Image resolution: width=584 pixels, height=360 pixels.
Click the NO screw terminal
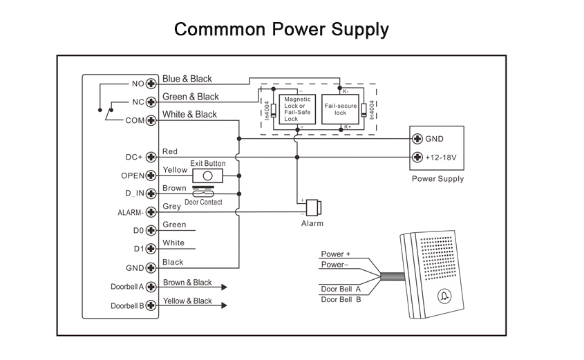tap(150, 84)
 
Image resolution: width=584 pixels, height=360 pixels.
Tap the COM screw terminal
tap(150, 120)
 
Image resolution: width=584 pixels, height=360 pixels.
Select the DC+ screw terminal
tap(150, 157)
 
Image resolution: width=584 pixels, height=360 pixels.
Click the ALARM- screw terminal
tap(150, 212)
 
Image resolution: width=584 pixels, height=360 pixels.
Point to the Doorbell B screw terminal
tap(150, 305)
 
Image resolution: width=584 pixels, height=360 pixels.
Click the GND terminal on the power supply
tap(417, 138)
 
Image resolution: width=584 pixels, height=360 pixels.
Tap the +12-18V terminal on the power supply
tap(417, 157)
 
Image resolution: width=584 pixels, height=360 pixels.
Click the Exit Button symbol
tap(207, 175)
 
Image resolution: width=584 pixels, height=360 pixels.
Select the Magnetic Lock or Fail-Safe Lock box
tap(298, 109)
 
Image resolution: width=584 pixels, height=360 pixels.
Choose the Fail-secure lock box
tap(340, 109)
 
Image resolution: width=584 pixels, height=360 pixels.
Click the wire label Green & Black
tap(190, 97)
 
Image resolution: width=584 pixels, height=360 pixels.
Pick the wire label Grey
tap(171, 206)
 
